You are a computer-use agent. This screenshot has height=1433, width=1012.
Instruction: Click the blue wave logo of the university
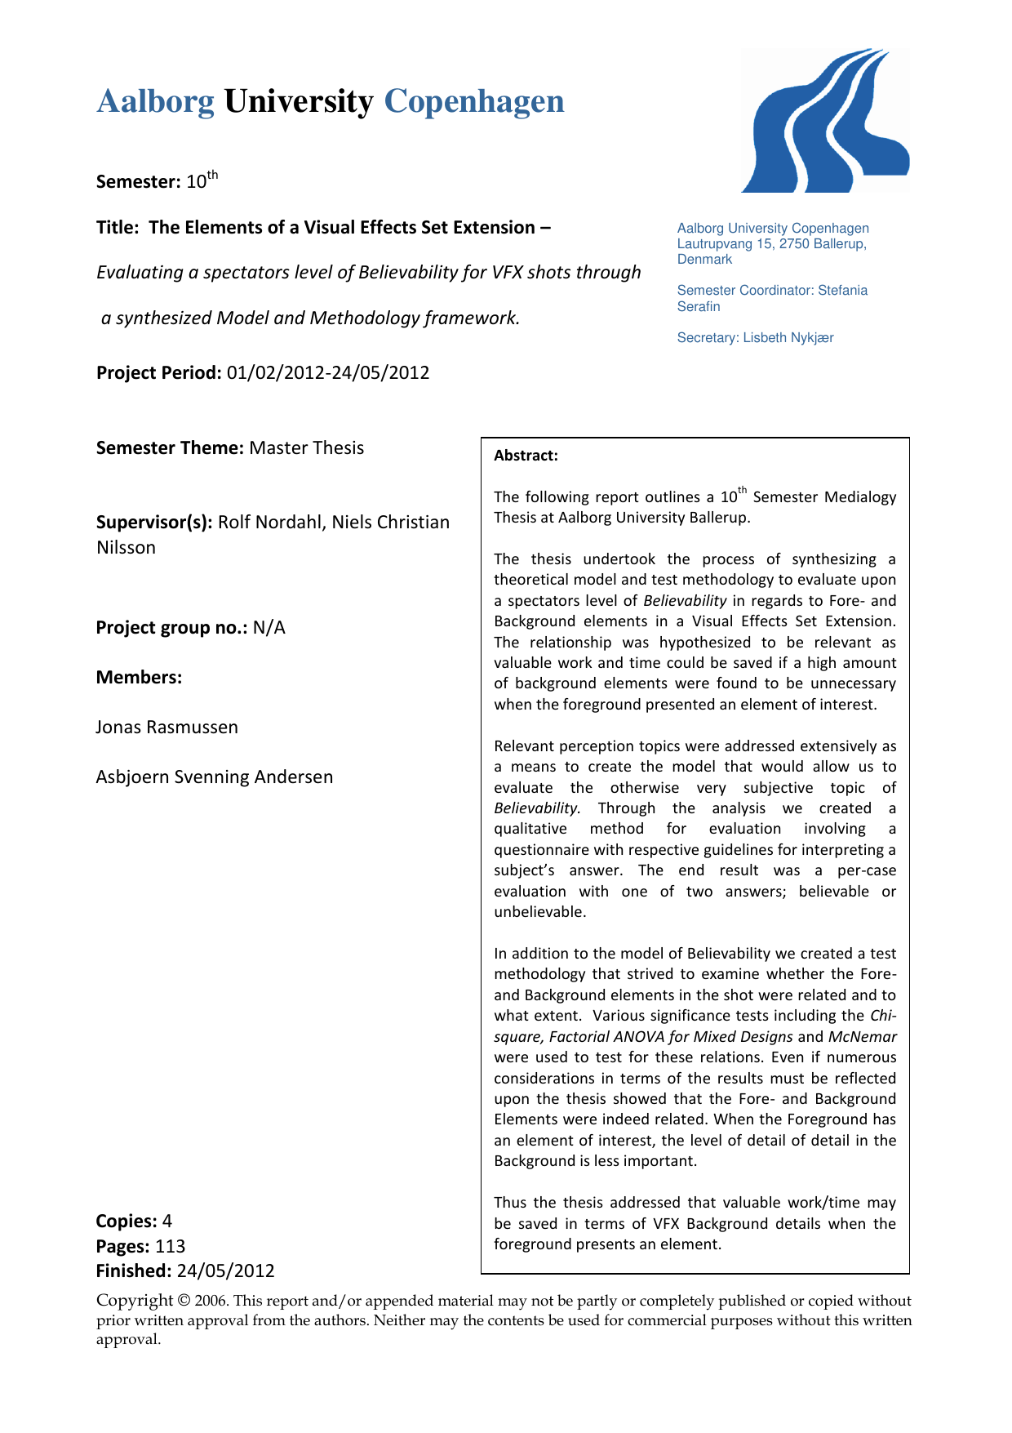tap(824, 122)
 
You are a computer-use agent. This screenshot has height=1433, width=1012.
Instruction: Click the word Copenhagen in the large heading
tap(474, 102)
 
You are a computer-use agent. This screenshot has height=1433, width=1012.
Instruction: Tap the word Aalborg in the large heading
tap(155, 102)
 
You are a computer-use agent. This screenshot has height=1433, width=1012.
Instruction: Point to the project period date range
tap(328, 373)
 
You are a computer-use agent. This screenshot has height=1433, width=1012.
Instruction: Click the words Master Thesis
tap(307, 448)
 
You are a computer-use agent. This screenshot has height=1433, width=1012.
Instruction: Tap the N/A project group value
tap(269, 628)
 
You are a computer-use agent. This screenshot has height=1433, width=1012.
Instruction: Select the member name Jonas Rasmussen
tap(167, 728)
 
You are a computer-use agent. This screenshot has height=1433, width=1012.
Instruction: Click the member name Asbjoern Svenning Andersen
tap(215, 777)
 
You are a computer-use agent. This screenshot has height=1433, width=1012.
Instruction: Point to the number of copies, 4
tap(167, 1222)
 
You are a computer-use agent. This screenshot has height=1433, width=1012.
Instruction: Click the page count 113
tap(171, 1247)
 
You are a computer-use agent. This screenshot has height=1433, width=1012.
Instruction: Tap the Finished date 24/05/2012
tap(226, 1271)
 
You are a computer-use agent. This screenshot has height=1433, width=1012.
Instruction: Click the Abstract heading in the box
tap(526, 456)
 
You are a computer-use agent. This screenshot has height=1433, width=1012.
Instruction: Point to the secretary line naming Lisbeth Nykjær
tap(756, 338)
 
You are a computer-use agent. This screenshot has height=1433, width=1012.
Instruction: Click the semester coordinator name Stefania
tap(843, 291)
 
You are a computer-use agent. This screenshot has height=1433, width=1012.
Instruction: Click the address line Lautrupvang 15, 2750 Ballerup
tap(771, 244)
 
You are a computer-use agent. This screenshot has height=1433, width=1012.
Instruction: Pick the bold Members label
tap(139, 678)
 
